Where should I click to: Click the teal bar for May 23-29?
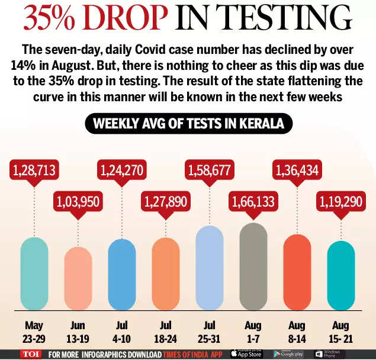point(34,273)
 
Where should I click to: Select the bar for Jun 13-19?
point(78,277)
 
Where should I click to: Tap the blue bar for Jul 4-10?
point(122,274)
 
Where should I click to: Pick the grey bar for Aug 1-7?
point(253,266)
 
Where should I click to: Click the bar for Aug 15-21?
point(340,275)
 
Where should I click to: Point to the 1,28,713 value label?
point(34,171)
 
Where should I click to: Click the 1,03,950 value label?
point(78,202)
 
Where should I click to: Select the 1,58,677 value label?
point(210,171)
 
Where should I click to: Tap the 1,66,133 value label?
point(253,202)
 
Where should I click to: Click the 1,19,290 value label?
point(341,202)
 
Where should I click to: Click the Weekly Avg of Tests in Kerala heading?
point(188,124)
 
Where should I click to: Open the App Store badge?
point(246,353)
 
